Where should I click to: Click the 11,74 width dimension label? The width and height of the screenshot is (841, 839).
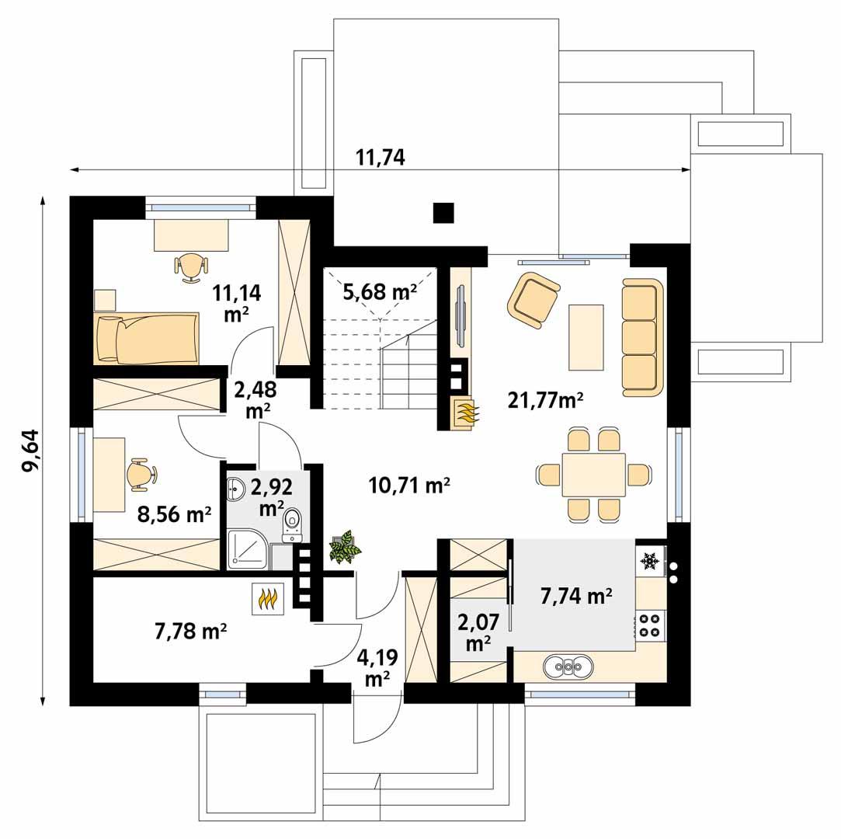[x=380, y=158]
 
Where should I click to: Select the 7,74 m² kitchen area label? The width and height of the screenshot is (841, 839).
[x=576, y=596]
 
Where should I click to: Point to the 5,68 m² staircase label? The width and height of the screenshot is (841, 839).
[x=380, y=292]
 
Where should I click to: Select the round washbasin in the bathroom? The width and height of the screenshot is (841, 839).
[x=236, y=489]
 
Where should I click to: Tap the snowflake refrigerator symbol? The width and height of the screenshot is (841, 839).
[x=649, y=559]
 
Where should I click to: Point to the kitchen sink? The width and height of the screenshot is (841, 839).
[x=568, y=666]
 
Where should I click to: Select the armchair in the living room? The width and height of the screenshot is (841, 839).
[x=533, y=297]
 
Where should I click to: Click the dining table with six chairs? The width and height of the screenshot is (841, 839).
[x=594, y=475]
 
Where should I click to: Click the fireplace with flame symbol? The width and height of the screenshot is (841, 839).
[x=466, y=413]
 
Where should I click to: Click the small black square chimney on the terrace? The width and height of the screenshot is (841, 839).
[x=443, y=213]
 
